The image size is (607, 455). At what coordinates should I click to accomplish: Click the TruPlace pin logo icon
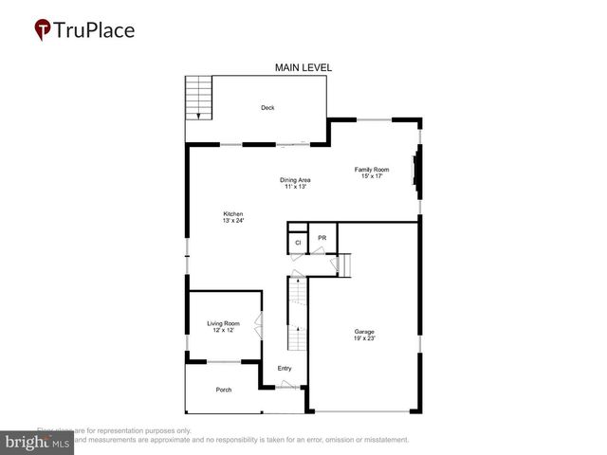coord(43,29)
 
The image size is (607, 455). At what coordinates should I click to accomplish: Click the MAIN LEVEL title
coord(303,67)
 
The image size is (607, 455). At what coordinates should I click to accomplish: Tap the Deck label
coord(268,108)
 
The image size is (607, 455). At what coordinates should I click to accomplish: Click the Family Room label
coord(371,169)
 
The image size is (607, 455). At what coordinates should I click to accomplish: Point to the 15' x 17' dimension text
coord(371,176)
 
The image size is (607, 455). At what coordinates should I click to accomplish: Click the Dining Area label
coord(295,180)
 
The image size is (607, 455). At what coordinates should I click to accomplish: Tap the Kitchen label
coord(233,213)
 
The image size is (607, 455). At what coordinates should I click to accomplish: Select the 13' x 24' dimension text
coord(233,221)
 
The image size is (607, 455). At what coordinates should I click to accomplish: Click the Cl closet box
coord(298,243)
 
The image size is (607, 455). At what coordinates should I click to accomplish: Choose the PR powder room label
coord(322,238)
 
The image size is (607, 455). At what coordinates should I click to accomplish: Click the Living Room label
coord(224,324)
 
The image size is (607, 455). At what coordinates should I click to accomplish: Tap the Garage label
coord(364,331)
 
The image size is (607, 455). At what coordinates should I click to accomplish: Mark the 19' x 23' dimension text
coord(364,338)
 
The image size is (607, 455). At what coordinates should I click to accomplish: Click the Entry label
coord(285,369)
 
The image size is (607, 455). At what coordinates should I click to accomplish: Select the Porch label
coord(224,390)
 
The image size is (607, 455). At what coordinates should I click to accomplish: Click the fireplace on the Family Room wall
coord(414,172)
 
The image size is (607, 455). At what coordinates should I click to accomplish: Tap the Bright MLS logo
coord(37,443)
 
